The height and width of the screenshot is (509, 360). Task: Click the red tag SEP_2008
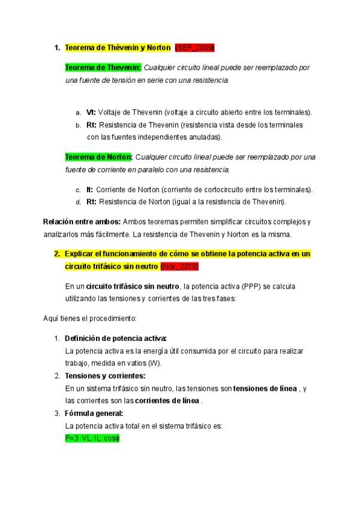point(194,47)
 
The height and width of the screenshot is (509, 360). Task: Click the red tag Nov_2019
point(179,266)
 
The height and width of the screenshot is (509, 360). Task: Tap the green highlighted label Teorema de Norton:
point(98,157)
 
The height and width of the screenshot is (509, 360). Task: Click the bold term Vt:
point(91,112)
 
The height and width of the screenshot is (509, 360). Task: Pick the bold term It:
point(89,190)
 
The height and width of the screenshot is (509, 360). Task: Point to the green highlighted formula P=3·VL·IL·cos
point(92,439)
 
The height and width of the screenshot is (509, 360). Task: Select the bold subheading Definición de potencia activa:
point(115,338)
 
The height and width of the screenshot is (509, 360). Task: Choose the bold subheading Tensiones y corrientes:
point(104,376)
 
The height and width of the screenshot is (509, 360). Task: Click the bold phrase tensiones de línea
point(265,388)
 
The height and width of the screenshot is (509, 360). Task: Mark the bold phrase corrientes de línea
point(167,400)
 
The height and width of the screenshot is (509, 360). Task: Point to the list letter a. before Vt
point(78,113)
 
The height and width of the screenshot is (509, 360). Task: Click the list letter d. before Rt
point(78,202)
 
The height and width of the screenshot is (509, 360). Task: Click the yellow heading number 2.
point(57,254)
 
